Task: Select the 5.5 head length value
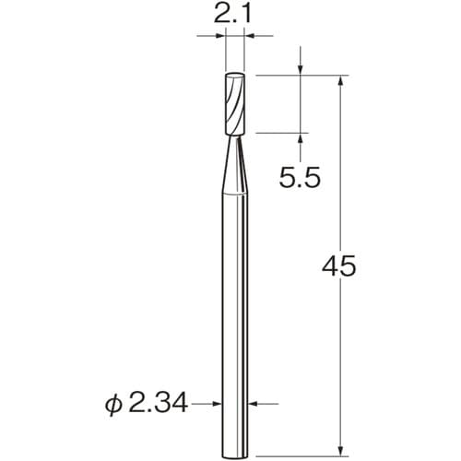301,176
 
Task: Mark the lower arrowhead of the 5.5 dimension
302,138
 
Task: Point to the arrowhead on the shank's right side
254,403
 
